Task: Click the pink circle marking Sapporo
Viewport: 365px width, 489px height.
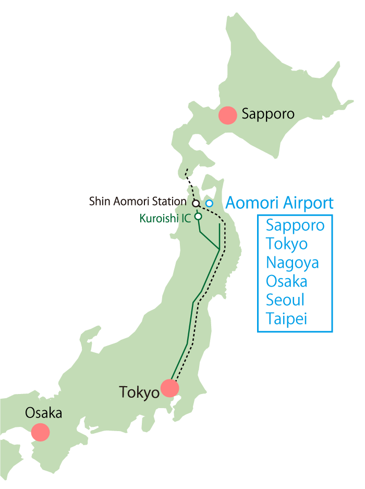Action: [227, 115]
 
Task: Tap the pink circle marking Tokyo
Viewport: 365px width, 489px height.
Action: [170, 388]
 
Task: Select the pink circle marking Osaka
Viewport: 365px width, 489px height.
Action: [40, 432]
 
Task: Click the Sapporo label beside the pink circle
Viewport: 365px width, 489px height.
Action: [268, 114]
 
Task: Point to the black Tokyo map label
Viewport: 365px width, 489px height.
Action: [139, 392]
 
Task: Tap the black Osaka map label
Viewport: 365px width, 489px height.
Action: [43, 413]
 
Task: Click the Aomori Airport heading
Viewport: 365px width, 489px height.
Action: [279, 202]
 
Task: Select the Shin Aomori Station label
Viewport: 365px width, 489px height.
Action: [137, 201]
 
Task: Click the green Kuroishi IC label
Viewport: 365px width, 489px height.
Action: [165, 218]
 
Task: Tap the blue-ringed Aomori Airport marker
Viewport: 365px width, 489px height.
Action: [209, 203]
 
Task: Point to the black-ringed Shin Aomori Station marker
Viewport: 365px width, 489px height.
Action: [196, 203]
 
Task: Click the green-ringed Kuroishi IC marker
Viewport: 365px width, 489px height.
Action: [198, 216]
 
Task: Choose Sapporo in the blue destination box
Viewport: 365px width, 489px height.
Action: [295, 225]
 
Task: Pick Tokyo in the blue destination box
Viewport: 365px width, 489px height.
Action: [286, 244]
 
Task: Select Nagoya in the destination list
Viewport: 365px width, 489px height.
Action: [292, 263]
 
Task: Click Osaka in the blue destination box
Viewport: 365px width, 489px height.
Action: [286, 281]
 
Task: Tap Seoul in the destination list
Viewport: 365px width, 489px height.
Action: [285, 300]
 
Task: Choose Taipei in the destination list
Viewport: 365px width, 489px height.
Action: [286, 319]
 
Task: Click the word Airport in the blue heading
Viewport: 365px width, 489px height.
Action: [307, 203]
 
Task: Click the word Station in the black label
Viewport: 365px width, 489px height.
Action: [171, 201]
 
